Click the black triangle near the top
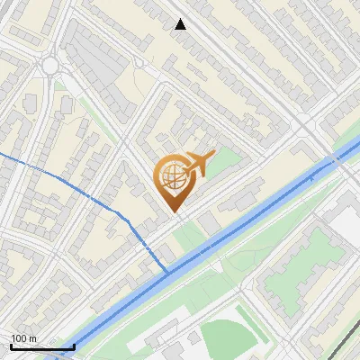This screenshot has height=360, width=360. click(181, 24)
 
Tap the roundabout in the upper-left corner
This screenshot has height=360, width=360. click(49, 65)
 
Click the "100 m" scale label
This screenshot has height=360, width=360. click(24, 338)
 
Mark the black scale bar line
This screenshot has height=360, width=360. click(41, 346)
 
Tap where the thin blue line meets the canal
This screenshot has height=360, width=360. click(167, 270)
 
